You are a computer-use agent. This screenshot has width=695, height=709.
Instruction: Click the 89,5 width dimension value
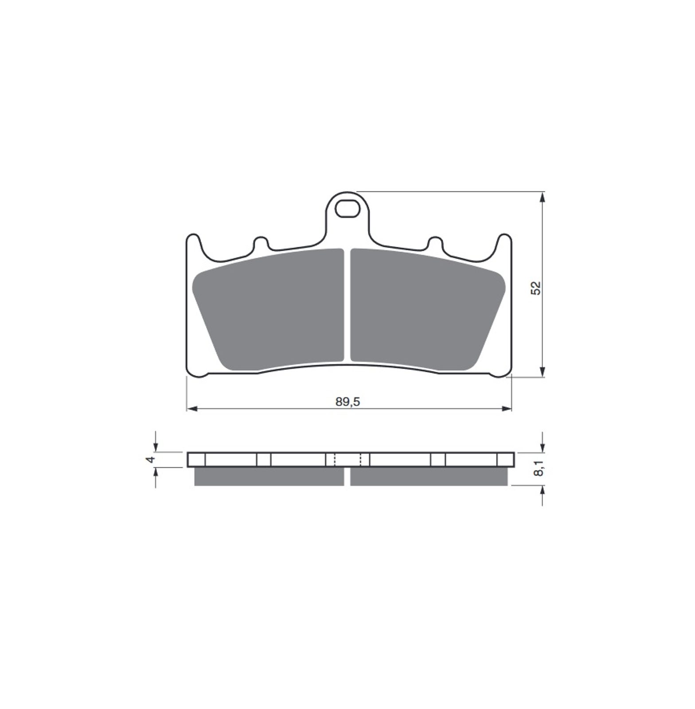click(348, 402)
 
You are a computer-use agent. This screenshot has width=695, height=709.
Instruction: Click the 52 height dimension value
click(536, 288)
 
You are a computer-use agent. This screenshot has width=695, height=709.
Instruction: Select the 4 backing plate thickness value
click(151, 460)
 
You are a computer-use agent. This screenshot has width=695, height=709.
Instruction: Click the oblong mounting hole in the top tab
click(347, 209)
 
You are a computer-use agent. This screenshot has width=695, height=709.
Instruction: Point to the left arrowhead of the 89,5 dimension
click(191, 409)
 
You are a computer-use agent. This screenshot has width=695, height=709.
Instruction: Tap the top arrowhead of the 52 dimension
click(543, 197)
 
